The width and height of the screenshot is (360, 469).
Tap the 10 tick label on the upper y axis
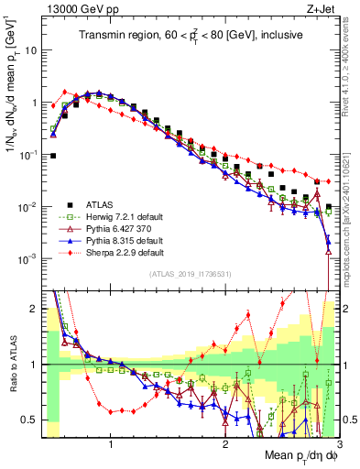click(x=29, y=49)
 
